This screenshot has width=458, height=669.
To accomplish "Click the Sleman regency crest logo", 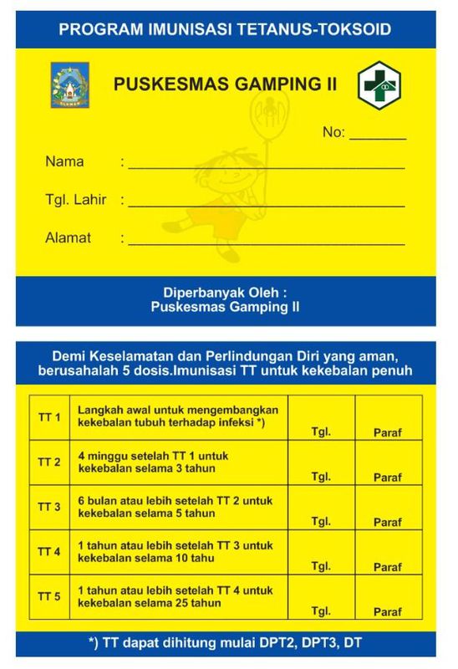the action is (x=66, y=84).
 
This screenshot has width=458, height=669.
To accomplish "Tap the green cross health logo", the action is (x=379, y=85).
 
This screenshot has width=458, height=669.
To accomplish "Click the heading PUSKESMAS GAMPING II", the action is (x=223, y=84).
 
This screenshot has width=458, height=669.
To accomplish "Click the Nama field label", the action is (x=64, y=161).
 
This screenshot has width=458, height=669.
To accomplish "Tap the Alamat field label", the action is (x=69, y=238).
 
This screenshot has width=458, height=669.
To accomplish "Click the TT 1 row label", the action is (x=50, y=417).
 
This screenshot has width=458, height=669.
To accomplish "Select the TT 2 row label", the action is (x=50, y=462).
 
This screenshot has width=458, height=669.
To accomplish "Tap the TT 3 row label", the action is (x=50, y=508).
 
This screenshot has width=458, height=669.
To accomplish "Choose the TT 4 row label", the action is (x=50, y=552).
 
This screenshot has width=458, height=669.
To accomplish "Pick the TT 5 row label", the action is (x=50, y=597).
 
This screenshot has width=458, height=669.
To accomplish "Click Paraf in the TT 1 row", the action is (x=388, y=433).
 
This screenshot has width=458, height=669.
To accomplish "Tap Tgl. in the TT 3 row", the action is (x=321, y=522).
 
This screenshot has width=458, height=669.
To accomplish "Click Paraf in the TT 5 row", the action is (x=388, y=612).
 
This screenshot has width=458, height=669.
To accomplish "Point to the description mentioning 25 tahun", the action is (x=176, y=597).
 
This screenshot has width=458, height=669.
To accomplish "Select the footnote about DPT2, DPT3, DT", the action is (x=226, y=644).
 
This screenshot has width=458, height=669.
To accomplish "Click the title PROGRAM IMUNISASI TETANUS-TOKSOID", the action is (x=226, y=30).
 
